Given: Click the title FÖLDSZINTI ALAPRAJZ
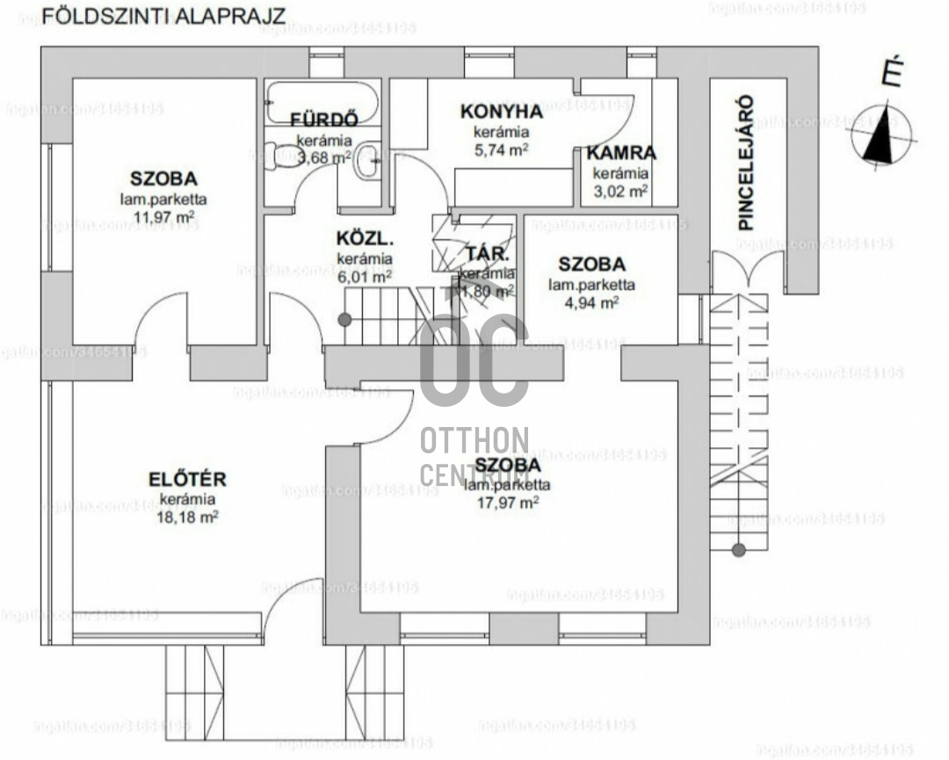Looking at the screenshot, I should [163, 16].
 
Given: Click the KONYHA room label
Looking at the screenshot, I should [501, 112].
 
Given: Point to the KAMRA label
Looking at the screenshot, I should [621, 153].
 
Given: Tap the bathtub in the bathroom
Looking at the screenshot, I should [322, 100].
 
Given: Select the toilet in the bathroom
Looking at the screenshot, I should [285, 156].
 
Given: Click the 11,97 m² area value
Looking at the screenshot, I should [164, 216].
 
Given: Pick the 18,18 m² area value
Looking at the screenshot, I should [187, 517].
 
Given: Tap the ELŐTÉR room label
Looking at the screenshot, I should [187, 480].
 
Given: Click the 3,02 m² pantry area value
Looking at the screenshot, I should [620, 190].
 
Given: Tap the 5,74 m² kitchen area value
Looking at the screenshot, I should [501, 149].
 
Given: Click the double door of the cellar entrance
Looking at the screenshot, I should [747, 270].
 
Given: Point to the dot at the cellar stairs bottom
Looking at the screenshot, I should [739, 550].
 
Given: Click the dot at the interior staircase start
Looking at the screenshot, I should [345, 320].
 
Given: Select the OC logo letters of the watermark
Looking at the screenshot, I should [474, 361].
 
